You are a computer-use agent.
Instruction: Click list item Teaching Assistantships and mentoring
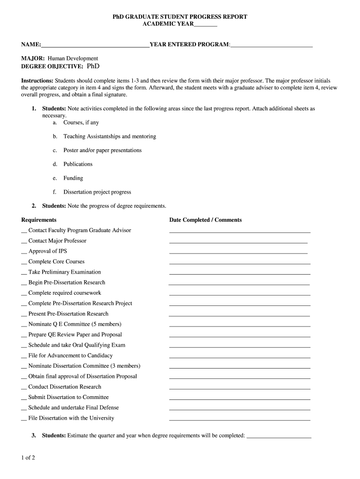click(109, 137)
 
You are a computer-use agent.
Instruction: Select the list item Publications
click(78, 164)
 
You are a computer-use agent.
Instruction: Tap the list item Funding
click(73, 178)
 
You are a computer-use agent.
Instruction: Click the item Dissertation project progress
click(97, 192)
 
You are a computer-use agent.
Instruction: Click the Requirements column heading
click(39, 220)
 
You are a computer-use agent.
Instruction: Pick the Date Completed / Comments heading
click(205, 220)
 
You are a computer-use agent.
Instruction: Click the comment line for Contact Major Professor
click(238, 242)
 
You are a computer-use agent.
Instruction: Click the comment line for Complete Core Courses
click(239, 263)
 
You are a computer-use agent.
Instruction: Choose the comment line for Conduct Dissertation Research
click(239, 388)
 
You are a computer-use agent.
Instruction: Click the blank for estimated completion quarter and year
click(279, 437)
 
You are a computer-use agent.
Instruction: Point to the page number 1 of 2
click(28, 458)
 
